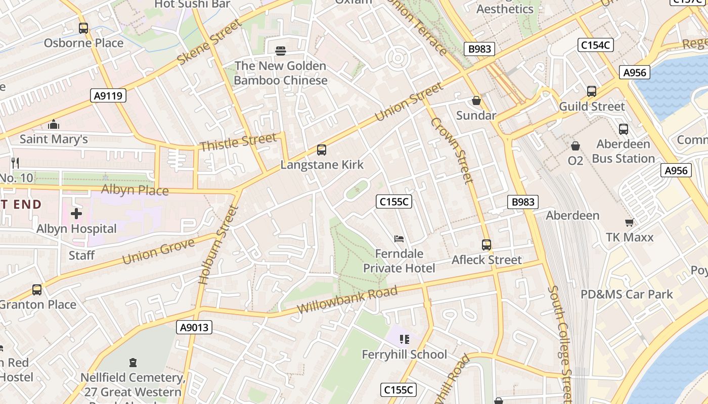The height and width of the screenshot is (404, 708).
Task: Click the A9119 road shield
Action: click(x=109, y=95)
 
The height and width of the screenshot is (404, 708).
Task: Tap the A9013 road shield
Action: click(x=195, y=328)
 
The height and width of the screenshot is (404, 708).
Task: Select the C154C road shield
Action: click(x=595, y=45)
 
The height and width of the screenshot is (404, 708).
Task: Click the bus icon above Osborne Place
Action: click(x=83, y=28)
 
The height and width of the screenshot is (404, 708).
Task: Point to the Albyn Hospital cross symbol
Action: click(x=76, y=214)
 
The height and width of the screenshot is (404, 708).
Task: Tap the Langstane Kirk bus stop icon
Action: click(x=322, y=150)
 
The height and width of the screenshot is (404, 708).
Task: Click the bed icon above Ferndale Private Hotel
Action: click(x=399, y=238)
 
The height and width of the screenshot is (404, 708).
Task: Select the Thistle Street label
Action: click(x=238, y=142)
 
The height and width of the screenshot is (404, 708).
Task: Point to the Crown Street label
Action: click(x=452, y=150)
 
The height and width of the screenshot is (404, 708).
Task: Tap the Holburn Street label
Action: click(x=218, y=244)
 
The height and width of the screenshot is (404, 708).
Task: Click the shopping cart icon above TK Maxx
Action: click(x=630, y=222)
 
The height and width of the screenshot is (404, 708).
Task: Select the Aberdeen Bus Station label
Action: click(x=623, y=151)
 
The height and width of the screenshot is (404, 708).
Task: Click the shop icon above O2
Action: click(x=576, y=146)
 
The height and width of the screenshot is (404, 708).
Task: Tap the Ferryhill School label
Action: click(x=404, y=355)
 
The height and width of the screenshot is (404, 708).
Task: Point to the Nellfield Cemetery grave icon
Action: click(x=133, y=362)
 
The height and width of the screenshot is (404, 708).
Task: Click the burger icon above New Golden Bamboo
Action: click(x=281, y=50)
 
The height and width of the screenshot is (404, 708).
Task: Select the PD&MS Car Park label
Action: click(x=627, y=294)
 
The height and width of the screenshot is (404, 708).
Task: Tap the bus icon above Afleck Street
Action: click(x=486, y=245)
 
